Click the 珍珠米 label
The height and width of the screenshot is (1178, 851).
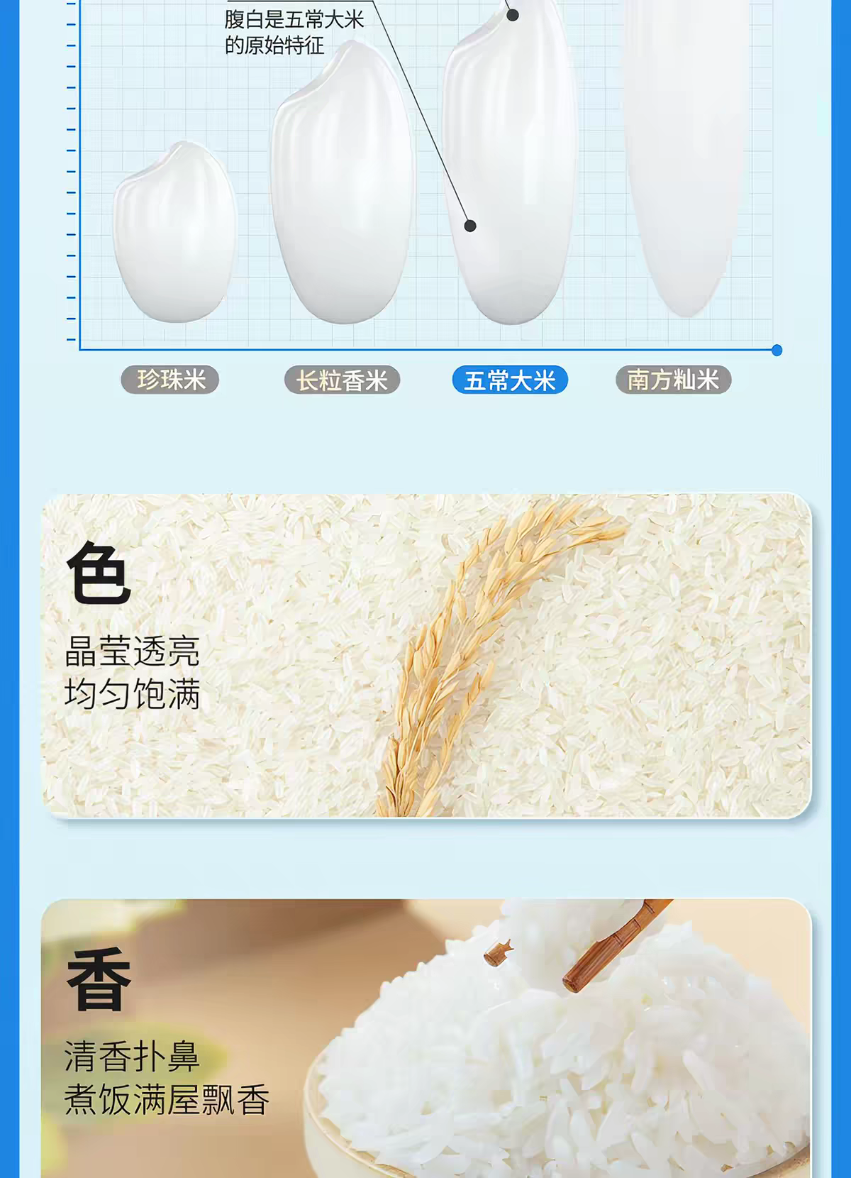pos(169,380)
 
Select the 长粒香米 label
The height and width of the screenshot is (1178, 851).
pos(343,380)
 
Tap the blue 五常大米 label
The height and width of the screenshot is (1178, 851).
pos(510,380)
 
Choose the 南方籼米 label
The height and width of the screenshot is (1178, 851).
pos(673,380)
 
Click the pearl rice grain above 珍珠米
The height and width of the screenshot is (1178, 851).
pos(175,233)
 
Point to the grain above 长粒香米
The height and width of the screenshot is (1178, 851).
pos(342,182)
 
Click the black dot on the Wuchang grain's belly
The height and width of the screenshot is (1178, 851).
pos(470,226)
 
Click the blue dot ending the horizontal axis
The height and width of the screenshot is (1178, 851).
pos(777,351)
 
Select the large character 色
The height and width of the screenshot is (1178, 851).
pos(99,574)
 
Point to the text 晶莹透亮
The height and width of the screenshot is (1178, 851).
pos(133,651)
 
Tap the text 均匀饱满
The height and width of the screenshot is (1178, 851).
pos(133,693)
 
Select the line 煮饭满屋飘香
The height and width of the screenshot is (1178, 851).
pos(167,1100)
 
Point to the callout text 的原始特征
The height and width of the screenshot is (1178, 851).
pos(274,46)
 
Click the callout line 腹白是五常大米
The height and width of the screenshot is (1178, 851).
pos(294,21)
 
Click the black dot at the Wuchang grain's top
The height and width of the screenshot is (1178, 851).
pos(513,15)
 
